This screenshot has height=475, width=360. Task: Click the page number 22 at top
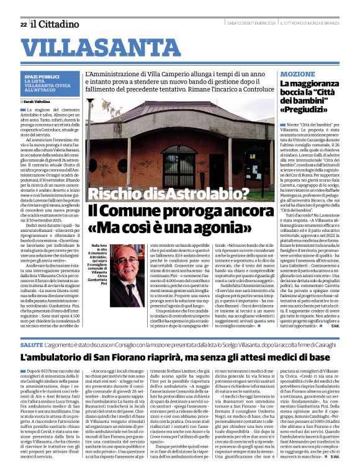click(x=23, y=24)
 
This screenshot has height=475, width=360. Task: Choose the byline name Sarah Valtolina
click(x=37, y=100)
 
